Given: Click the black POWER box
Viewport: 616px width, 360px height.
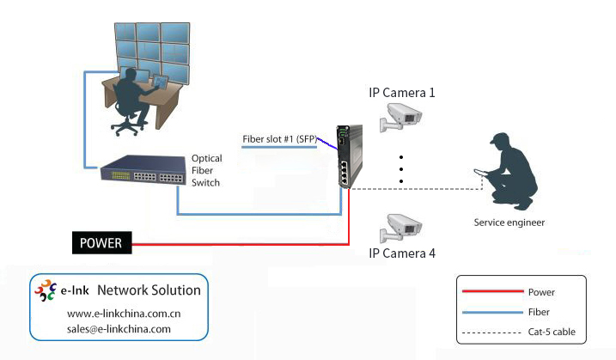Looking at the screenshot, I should click(102, 243).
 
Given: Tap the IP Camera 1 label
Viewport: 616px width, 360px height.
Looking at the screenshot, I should click(402, 93).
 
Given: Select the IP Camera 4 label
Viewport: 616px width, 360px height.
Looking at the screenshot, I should click(402, 253).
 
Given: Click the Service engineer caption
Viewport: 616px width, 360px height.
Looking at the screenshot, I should click(509, 223).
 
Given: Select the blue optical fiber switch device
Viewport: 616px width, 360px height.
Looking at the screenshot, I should click(142, 174).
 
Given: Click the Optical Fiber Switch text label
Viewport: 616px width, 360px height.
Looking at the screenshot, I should click(206, 170).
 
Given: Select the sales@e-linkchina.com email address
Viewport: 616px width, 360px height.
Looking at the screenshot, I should click(119, 328).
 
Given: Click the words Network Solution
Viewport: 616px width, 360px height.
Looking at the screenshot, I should click(149, 290).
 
